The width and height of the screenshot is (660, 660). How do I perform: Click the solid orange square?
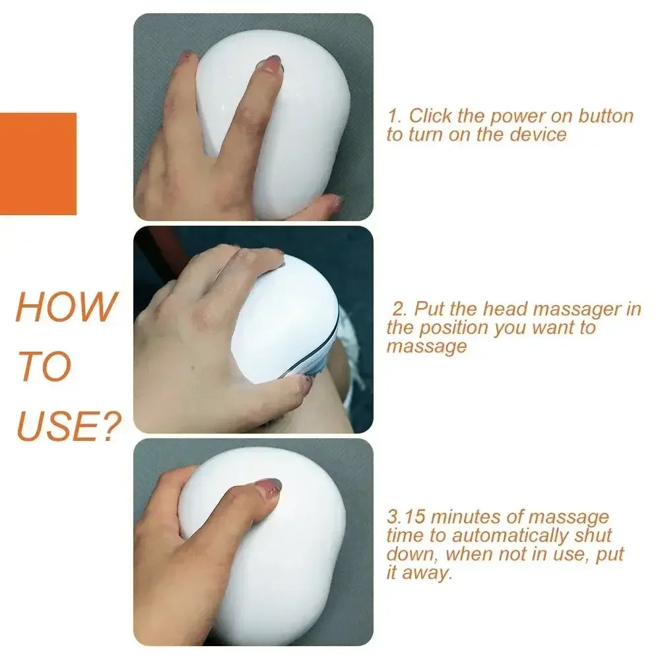[x=38, y=164]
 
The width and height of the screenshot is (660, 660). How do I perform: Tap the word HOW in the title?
[x=65, y=307]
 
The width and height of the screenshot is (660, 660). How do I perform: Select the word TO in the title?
[x=44, y=367]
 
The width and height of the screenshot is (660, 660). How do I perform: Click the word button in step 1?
[x=606, y=116]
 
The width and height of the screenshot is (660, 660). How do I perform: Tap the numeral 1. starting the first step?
[x=394, y=116]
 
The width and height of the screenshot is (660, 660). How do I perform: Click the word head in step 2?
[x=506, y=309]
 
